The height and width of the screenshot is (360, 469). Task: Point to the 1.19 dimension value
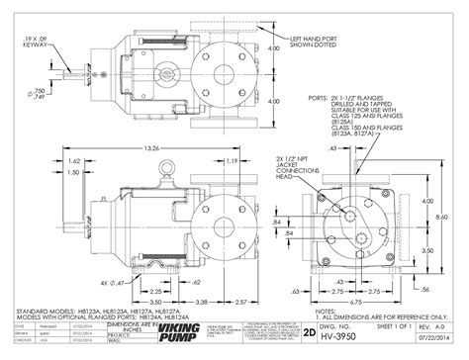click(230, 161)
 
